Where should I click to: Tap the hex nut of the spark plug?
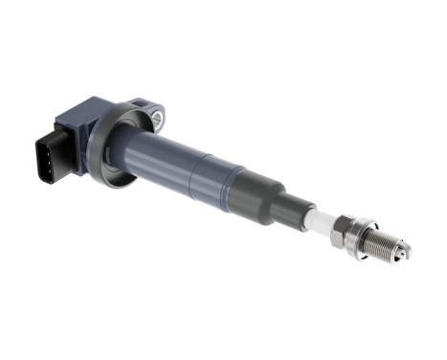[x=346, y=232]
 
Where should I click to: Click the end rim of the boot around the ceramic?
[x=313, y=216]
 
